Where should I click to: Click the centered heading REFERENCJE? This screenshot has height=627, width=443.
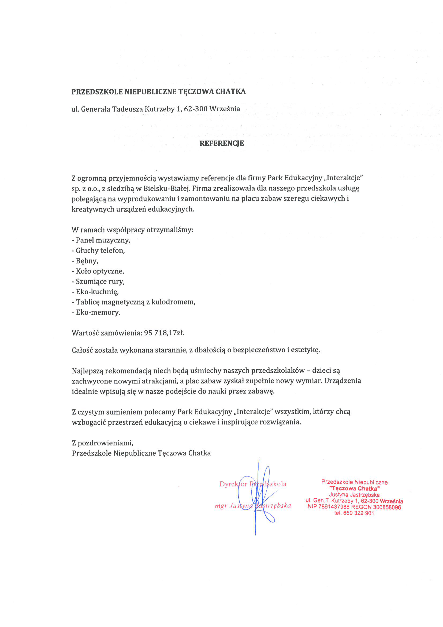pyautogui.click(x=221, y=143)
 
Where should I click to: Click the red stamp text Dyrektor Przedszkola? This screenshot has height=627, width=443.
pyautogui.click(x=253, y=484)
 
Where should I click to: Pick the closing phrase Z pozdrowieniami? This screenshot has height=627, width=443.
pyautogui.click(x=102, y=443)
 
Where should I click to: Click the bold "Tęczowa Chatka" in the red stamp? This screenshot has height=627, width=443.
pyautogui.click(x=354, y=489)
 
